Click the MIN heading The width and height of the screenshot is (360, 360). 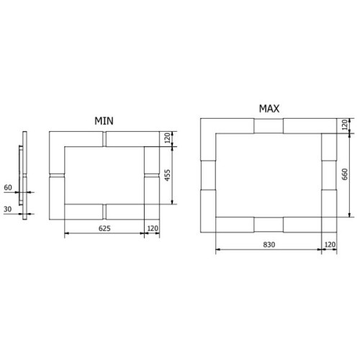tap(104, 121)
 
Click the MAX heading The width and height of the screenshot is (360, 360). tap(269, 109)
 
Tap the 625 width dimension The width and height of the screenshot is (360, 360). tap(104, 228)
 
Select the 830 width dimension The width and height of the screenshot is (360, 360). tap(269, 245)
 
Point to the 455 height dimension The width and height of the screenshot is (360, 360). tap(168, 175)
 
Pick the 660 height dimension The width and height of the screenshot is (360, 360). tap(345, 174)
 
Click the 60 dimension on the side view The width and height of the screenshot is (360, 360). tap(8, 187)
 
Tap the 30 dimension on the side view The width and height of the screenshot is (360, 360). tap(8, 210)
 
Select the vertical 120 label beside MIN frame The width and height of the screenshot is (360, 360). tap(168, 138)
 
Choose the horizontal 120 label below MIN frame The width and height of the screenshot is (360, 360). tap(153, 228)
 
